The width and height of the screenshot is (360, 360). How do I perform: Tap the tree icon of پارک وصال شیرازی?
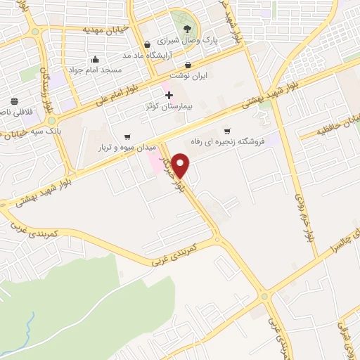tap(187, 29)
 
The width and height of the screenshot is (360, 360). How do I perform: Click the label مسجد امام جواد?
tap(95, 71)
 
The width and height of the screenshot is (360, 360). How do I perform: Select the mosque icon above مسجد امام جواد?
tap(95, 60)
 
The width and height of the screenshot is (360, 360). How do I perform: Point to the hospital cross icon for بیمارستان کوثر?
tap(169, 95)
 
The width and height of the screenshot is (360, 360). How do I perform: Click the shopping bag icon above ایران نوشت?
tap(188, 65)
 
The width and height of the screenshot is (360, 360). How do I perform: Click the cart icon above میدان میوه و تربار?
tap(127, 137)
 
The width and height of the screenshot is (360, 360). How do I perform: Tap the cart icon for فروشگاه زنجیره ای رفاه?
tap(226, 130)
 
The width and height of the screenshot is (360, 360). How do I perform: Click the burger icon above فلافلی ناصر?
tap(15, 101)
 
